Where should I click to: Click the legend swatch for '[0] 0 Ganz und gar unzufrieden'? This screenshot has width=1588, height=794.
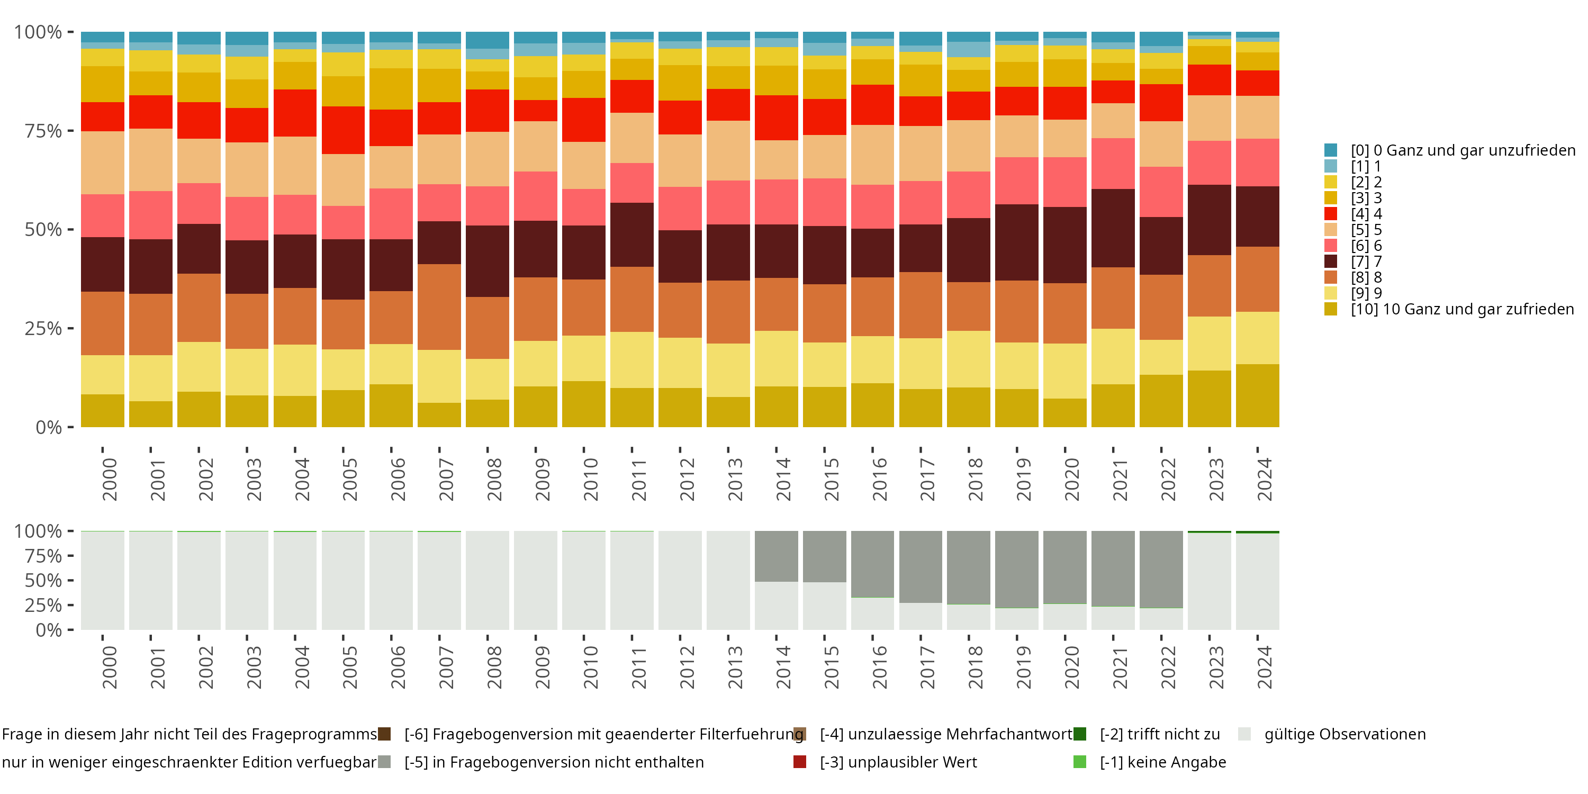[1330, 150]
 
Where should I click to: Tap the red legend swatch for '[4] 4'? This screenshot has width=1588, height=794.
[1330, 214]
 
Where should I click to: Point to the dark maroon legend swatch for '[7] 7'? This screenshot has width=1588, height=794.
[1330, 261]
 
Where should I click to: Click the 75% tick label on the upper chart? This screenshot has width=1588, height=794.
[43, 131]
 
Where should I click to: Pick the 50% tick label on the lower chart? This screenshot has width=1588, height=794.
[43, 581]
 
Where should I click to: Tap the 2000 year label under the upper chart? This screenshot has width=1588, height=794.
[109, 479]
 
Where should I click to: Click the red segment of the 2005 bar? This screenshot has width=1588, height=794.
[344, 130]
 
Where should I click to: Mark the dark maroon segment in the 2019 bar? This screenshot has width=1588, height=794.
[1016, 242]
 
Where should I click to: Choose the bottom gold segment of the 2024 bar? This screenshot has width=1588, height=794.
[1258, 395]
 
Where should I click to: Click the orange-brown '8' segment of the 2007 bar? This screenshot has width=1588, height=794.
[439, 307]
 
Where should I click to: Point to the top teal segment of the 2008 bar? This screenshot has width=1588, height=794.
[488, 40]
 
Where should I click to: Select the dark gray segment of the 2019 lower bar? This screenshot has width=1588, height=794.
[1016, 569]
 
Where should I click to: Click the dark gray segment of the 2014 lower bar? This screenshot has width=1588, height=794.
[776, 556]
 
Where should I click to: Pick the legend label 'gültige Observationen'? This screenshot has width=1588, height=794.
[1345, 734]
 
